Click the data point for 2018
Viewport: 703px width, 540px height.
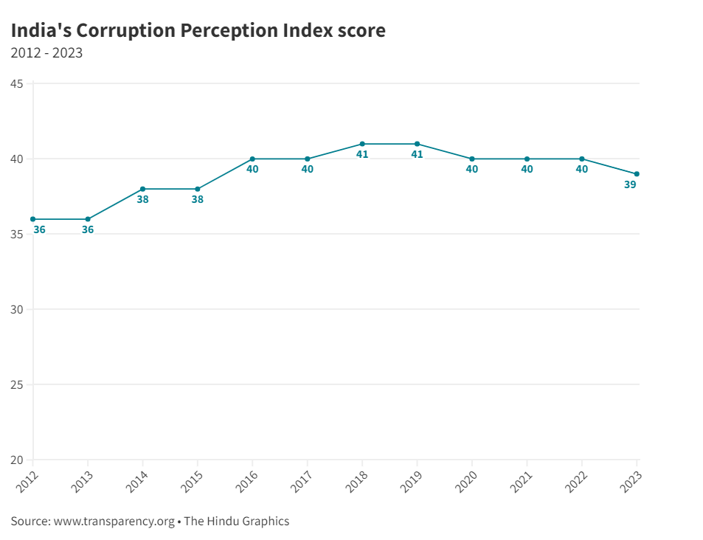[x=362, y=144]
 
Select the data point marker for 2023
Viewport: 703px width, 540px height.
[x=637, y=174]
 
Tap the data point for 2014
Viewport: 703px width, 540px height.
[x=142, y=189]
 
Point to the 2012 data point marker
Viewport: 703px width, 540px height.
[x=33, y=219]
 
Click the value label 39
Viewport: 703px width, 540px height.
[x=629, y=184]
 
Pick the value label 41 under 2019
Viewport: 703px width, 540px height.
[x=417, y=154]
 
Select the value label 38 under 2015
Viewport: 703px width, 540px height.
[x=197, y=199]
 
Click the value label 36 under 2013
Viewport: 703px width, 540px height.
[x=88, y=229]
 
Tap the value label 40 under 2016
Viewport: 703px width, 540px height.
[x=252, y=169]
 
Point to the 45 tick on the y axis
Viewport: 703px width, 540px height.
[x=16, y=84]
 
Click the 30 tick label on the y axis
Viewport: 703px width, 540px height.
[x=16, y=309]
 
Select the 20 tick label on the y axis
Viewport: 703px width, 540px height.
[x=16, y=460]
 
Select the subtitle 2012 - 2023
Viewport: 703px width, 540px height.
[x=46, y=53]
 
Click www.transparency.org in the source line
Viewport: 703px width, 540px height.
[x=114, y=521]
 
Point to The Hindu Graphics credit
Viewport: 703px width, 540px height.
[x=236, y=521]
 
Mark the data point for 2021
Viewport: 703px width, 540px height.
[x=527, y=159]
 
